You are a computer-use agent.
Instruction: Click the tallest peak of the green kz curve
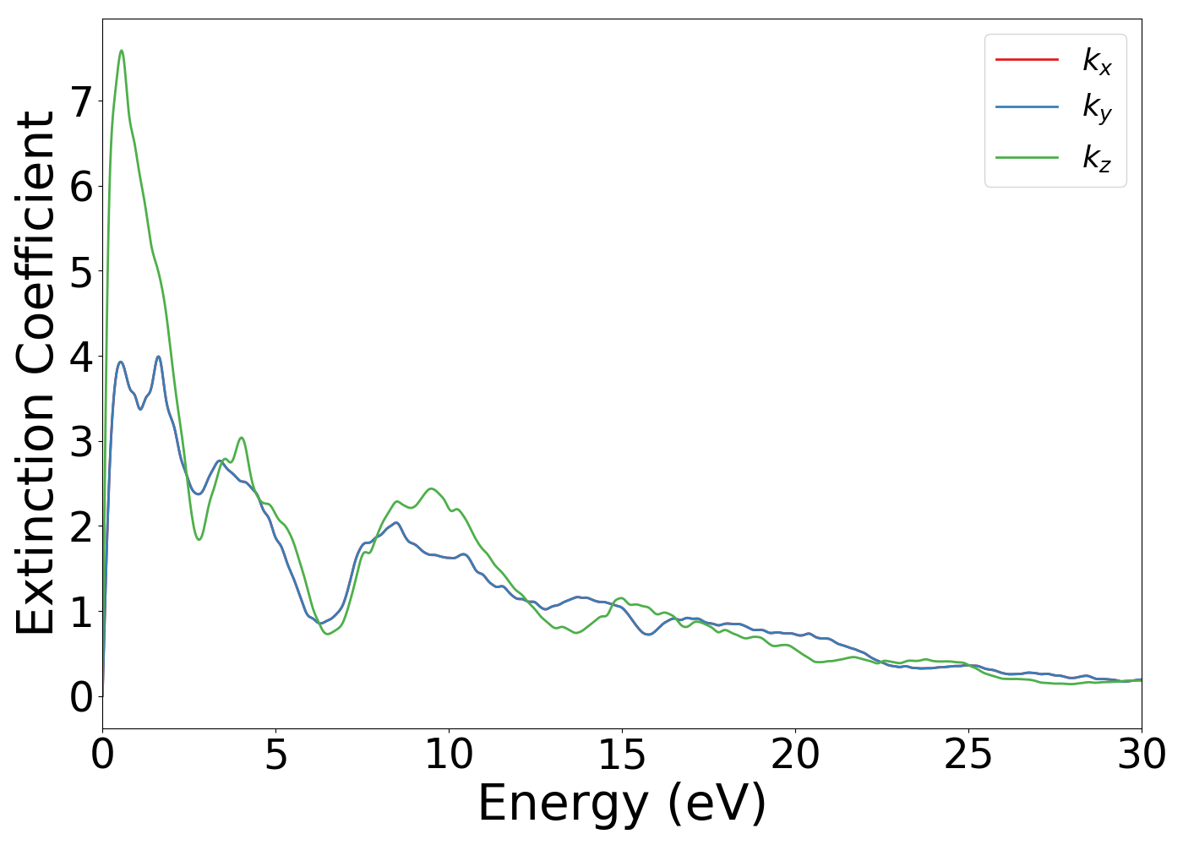tap(122, 51)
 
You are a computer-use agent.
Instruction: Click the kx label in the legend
tap(1097, 61)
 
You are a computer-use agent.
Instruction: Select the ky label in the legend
tap(1097, 108)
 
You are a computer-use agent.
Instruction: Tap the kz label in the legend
tap(1097, 157)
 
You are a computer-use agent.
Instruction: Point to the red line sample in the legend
tap(1027, 59)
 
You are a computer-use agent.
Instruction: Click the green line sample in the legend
tap(1027, 157)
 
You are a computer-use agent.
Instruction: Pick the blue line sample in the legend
tap(1027, 107)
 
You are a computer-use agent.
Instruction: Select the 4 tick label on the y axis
tap(81, 357)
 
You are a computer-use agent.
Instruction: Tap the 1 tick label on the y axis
tap(81, 612)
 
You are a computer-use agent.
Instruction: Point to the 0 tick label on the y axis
tap(81, 697)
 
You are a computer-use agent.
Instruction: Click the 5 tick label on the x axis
tap(275, 755)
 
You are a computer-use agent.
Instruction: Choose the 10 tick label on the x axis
tap(449, 755)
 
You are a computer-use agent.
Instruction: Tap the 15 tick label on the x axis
tap(622, 755)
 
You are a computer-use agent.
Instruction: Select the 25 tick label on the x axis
tap(968, 755)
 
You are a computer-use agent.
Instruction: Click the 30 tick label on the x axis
tap(1142, 755)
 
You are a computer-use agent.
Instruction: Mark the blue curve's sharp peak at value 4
tap(158, 357)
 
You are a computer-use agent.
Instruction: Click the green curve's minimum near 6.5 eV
tap(328, 634)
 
